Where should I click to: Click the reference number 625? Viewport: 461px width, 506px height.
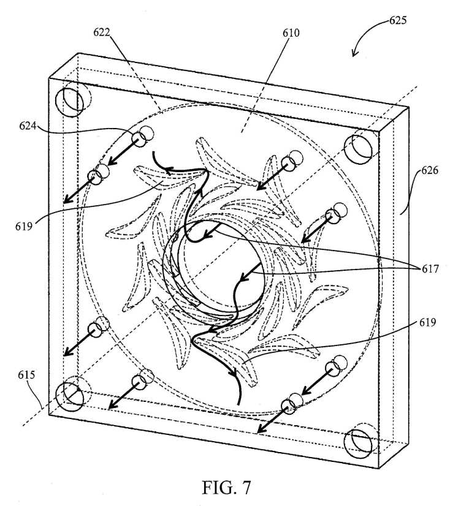pos(398,20)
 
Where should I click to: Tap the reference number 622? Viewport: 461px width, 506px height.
pos(102,32)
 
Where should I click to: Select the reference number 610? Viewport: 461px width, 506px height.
pos(291,33)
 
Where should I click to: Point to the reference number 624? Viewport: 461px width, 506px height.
pos(28,126)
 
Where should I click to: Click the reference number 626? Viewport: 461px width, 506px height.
pos(430,170)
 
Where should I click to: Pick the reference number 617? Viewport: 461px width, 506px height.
pos(430,268)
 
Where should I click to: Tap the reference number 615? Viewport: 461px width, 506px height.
pos(26,375)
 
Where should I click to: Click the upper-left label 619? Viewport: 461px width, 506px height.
pos(24,226)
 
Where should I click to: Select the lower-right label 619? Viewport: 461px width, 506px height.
pos(428,322)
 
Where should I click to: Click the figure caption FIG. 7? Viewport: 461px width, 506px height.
pos(226,488)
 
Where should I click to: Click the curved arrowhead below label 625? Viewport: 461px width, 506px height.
pos(354,53)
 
